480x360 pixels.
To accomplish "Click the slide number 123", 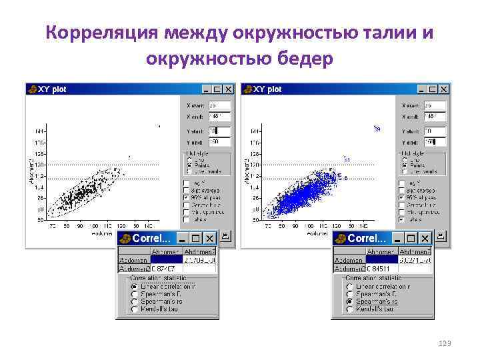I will (x=445, y=343).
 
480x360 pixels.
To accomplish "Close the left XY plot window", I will (x=229, y=89).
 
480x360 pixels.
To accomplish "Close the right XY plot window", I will (x=445, y=89).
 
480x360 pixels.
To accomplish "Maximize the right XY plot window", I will (x=433, y=89).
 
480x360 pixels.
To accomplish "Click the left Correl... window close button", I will (x=209, y=238).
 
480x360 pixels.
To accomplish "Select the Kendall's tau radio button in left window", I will (x=135, y=309).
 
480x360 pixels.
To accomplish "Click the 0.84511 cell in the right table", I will (x=369, y=268).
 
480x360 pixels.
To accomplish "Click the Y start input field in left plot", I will (x=219, y=131).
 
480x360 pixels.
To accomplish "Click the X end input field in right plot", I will (x=435, y=116).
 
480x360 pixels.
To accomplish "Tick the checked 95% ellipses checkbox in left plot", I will (x=187, y=197).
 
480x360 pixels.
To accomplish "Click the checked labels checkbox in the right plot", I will (x=403, y=219).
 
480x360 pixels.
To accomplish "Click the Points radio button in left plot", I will (x=190, y=166).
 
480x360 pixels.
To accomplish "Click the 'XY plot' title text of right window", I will (x=268, y=89).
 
